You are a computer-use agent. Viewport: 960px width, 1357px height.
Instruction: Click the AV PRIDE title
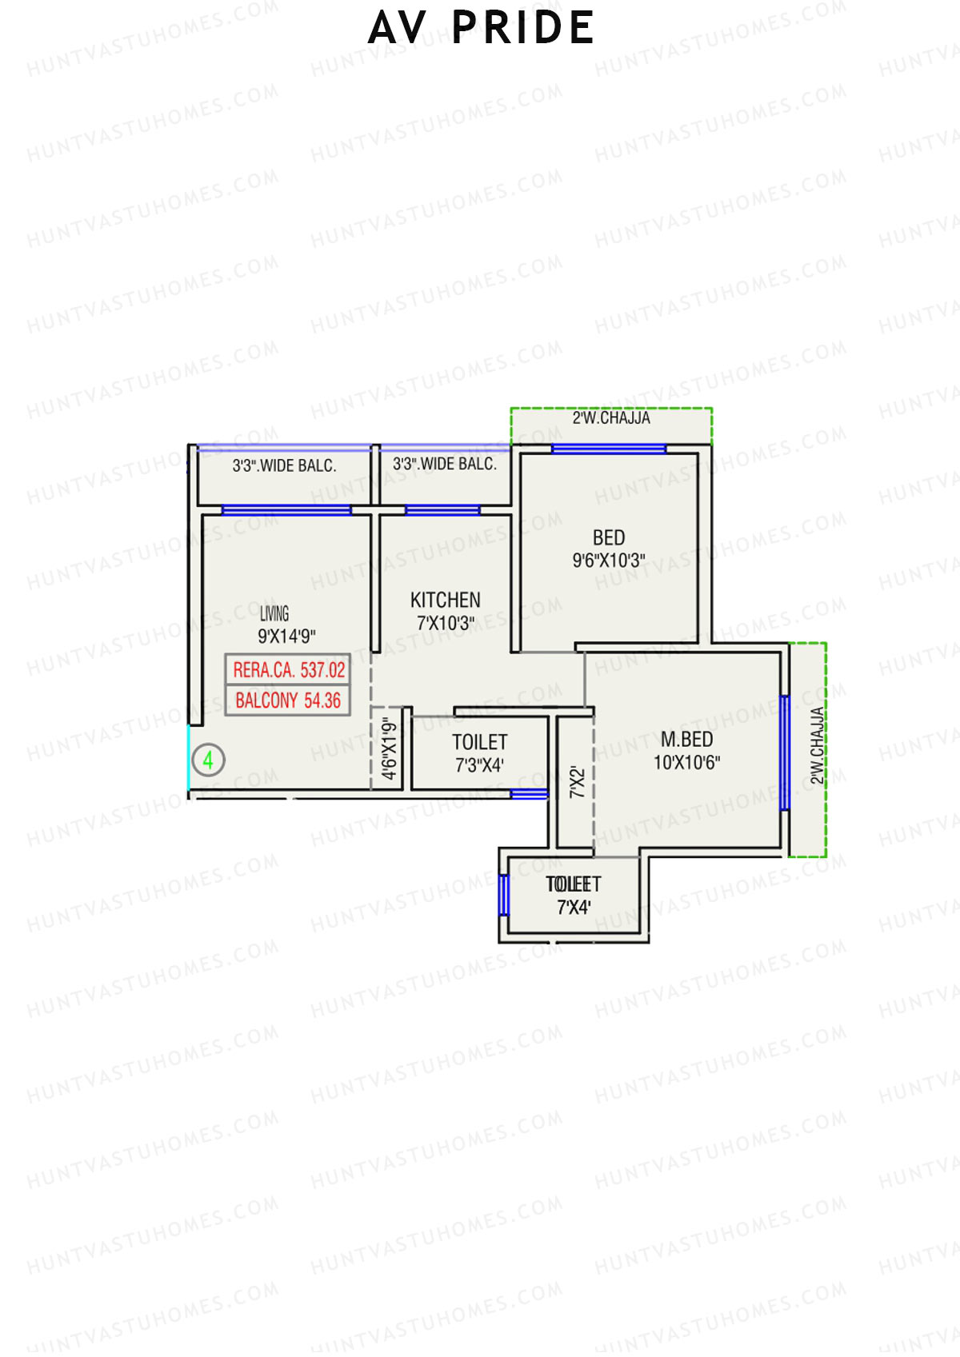click(x=481, y=28)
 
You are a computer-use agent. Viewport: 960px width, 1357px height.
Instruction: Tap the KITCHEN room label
click(x=446, y=600)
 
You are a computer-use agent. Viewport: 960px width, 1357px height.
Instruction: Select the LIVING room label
click(x=274, y=613)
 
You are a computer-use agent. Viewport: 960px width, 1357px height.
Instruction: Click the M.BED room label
click(x=686, y=740)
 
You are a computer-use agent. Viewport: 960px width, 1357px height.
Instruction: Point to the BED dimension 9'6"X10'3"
click(x=609, y=561)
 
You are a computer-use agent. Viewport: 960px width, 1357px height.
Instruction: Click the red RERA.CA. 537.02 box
click(x=288, y=669)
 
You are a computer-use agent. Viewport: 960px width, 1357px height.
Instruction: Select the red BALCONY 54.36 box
click(x=288, y=700)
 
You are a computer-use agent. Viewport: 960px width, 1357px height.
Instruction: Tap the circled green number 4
click(x=208, y=760)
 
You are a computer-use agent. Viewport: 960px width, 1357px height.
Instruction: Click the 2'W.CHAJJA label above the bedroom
click(x=611, y=418)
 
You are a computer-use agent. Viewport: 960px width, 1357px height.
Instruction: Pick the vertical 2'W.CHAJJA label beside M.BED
click(x=817, y=745)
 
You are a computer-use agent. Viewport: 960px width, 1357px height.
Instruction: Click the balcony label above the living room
click(x=284, y=465)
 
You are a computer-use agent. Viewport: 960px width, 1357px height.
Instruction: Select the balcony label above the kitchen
click(x=444, y=464)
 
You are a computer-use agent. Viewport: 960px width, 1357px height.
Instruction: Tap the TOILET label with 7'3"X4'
click(x=479, y=752)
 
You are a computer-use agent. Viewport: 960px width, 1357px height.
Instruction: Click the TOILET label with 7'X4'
click(x=574, y=895)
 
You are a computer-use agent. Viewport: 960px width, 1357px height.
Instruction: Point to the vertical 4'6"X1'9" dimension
click(x=390, y=749)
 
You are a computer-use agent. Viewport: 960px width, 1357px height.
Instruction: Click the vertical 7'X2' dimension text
click(x=577, y=782)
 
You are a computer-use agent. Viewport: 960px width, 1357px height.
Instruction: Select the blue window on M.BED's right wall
click(x=785, y=752)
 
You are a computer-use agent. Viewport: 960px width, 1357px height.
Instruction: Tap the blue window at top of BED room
click(x=609, y=449)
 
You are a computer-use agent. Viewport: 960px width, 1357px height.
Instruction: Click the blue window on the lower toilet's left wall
click(x=504, y=895)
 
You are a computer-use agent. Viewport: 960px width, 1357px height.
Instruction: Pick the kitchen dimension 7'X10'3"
click(x=446, y=623)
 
